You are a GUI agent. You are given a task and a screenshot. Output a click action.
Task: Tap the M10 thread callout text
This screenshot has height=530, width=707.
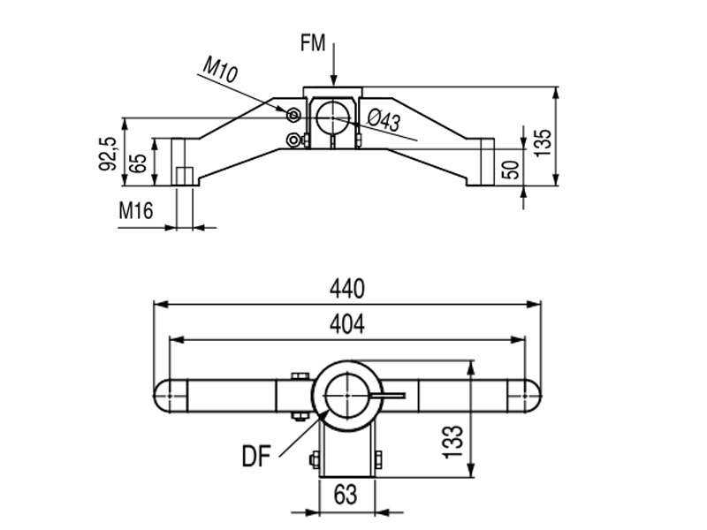coord(219,70)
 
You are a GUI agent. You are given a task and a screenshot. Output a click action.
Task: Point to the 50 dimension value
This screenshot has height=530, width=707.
coord(511,170)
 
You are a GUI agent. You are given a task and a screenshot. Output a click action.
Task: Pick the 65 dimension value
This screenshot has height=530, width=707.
coord(138,163)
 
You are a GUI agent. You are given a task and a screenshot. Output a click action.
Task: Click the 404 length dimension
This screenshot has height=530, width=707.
coord(347,324)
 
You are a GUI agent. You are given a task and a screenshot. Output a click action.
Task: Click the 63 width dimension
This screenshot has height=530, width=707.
coord(346,495)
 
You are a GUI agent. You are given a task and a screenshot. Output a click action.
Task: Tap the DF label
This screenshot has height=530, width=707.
coord(257,457)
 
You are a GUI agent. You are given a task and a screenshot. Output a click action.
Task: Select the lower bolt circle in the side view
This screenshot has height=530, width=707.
coord(293,139)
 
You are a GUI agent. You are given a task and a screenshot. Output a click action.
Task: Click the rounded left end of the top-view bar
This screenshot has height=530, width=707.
coord(164,397)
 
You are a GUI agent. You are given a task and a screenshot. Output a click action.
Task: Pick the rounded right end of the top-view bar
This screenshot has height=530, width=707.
coord(529,397)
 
